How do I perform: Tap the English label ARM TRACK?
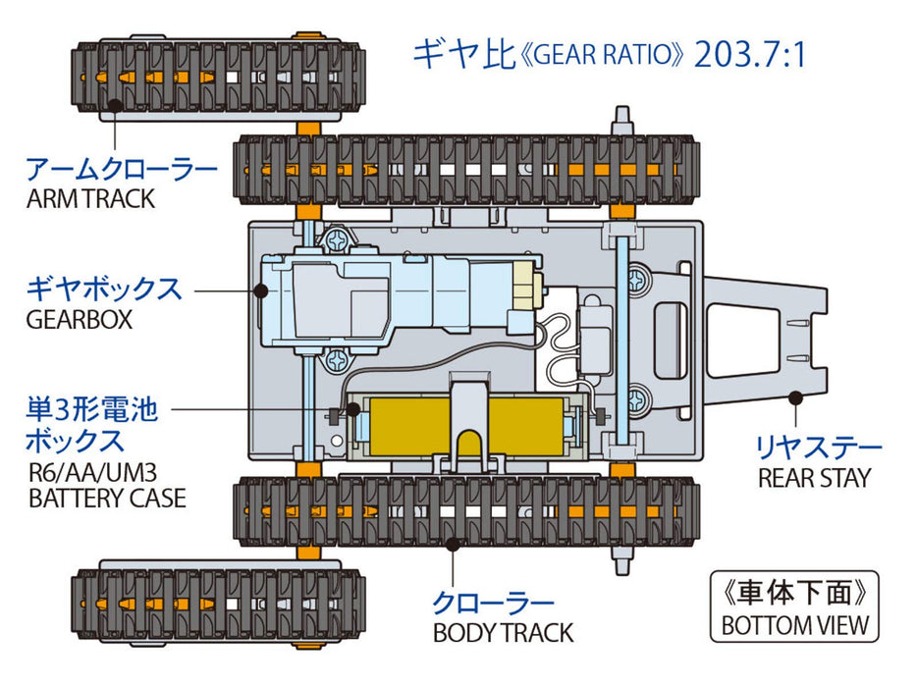[x=90, y=198]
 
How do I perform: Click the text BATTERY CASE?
[x=107, y=498]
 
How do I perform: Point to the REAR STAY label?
[x=814, y=478]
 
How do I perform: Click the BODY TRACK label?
[x=503, y=633]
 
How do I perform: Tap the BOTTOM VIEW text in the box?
[x=794, y=625]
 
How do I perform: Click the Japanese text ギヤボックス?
[x=104, y=290]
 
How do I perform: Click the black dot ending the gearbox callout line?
[x=262, y=290]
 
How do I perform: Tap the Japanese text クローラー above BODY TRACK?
[x=494, y=603]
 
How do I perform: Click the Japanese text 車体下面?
[x=793, y=595]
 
